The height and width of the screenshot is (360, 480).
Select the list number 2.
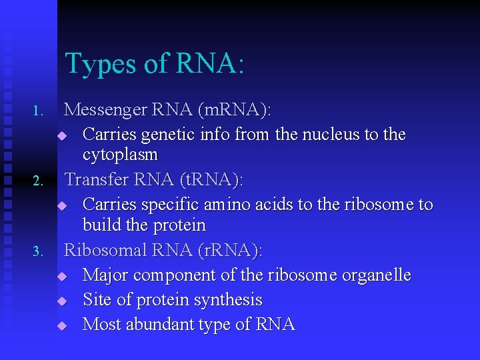point(38,181)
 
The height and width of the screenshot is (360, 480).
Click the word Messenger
point(107,109)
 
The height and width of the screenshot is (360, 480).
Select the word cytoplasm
point(120,155)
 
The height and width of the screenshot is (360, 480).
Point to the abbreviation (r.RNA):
point(230,250)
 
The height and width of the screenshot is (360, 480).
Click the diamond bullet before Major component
point(62,276)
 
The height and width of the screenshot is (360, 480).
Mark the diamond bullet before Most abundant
point(62,326)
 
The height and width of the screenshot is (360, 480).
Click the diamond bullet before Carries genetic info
point(62,135)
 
